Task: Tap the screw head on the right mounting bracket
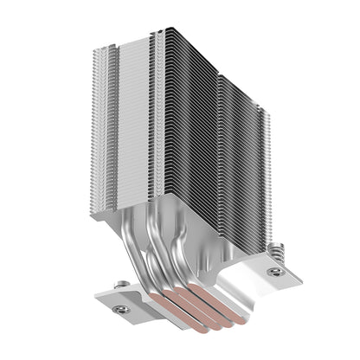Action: pyautogui.click(x=274, y=271)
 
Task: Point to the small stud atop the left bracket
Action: pyautogui.click(x=124, y=283)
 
